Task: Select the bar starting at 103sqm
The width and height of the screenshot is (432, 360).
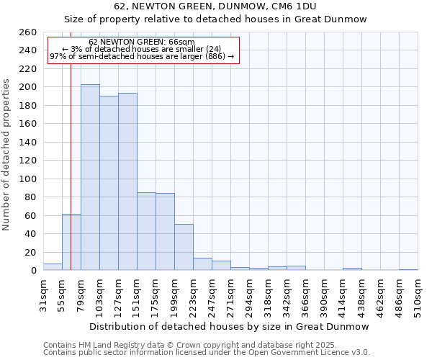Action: pyautogui.click(x=109, y=183)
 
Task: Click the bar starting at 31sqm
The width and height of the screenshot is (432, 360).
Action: pyautogui.click(x=53, y=267)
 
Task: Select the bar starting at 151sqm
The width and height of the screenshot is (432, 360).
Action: pyautogui.click(x=146, y=231)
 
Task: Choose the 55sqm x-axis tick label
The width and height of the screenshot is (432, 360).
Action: pyautogui.click(x=63, y=294)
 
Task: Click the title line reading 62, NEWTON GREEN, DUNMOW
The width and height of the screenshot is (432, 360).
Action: pyautogui.click(x=215, y=6)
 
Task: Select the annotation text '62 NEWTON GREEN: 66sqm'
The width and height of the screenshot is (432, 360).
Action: pyautogui.click(x=142, y=42)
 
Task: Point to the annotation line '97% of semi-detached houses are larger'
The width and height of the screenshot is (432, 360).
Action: pyautogui.click(x=142, y=56)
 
